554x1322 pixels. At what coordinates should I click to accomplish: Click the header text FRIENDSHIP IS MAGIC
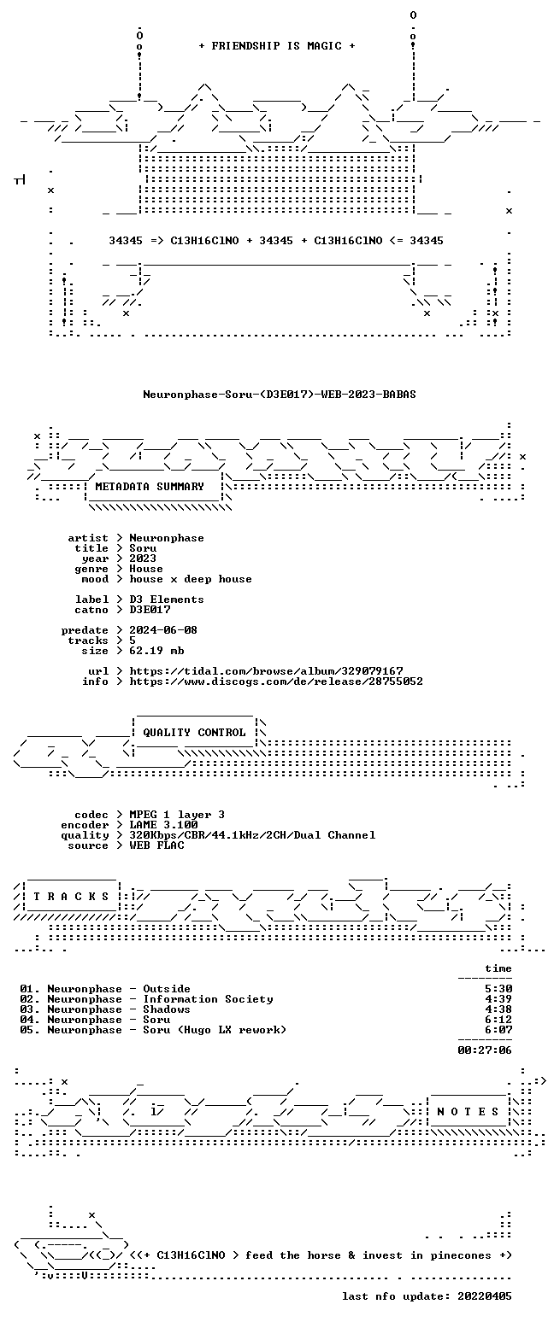[x=276, y=46]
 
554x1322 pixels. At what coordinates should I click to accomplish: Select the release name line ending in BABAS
[x=280, y=395]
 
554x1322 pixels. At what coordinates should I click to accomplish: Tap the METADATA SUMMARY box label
[x=150, y=486]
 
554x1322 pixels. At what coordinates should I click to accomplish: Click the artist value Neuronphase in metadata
[x=167, y=538]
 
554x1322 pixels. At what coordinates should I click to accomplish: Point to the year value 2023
[x=143, y=559]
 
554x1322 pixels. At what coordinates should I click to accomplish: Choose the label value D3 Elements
[x=167, y=600]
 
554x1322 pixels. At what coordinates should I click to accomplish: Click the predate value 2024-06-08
[x=163, y=630]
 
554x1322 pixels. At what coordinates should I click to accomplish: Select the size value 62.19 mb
[x=156, y=651]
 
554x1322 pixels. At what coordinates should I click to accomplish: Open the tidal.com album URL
[x=267, y=671]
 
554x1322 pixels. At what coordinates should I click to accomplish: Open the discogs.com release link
[x=276, y=681]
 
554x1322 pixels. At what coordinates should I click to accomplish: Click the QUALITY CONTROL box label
[x=194, y=733]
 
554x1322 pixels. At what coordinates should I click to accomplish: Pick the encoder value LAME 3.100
[x=163, y=825]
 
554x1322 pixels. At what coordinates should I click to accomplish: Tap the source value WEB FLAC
[x=156, y=845]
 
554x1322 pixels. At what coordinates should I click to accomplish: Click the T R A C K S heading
[x=71, y=897]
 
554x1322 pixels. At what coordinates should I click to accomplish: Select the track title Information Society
[x=208, y=999]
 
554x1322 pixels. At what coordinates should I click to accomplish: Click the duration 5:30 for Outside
[x=498, y=989]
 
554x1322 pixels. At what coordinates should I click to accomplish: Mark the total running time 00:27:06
[x=485, y=1050]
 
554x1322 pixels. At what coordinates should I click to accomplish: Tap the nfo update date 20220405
[x=485, y=1296]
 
